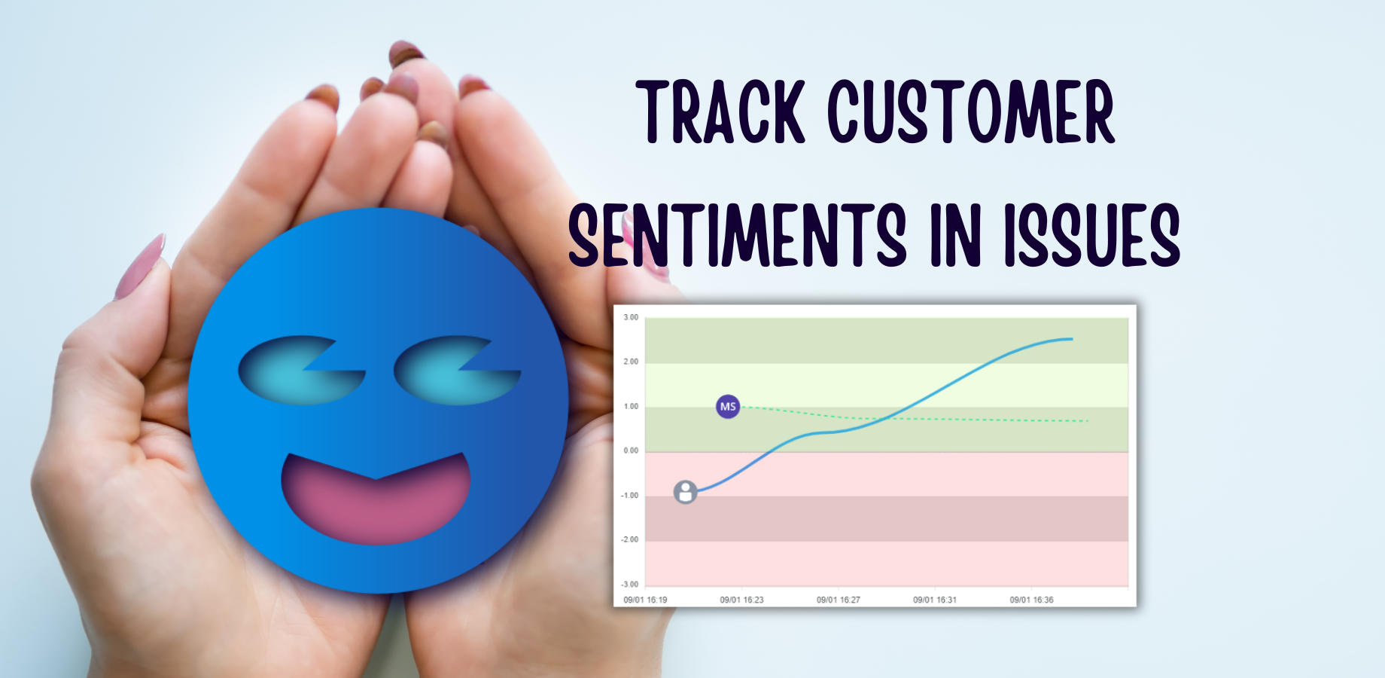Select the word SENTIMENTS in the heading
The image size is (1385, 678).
point(737,235)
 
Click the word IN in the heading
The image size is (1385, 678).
point(956,235)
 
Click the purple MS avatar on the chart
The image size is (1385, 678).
point(728,407)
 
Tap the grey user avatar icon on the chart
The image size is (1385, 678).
point(685,493)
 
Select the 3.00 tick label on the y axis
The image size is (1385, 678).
point(631,317)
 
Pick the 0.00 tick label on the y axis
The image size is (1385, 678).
point(631,450)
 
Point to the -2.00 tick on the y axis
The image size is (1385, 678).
point(629,539)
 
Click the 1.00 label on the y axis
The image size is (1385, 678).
point(631,406)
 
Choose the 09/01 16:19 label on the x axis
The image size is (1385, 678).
point(645,600)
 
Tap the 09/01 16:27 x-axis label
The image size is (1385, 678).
point(839,600)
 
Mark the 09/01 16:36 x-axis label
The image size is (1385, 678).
point(1031,600)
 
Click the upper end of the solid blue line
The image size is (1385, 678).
point(1073,339)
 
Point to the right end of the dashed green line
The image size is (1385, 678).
point(1088,420)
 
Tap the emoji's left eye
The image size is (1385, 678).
point(301,370)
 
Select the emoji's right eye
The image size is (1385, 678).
point(457,370)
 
